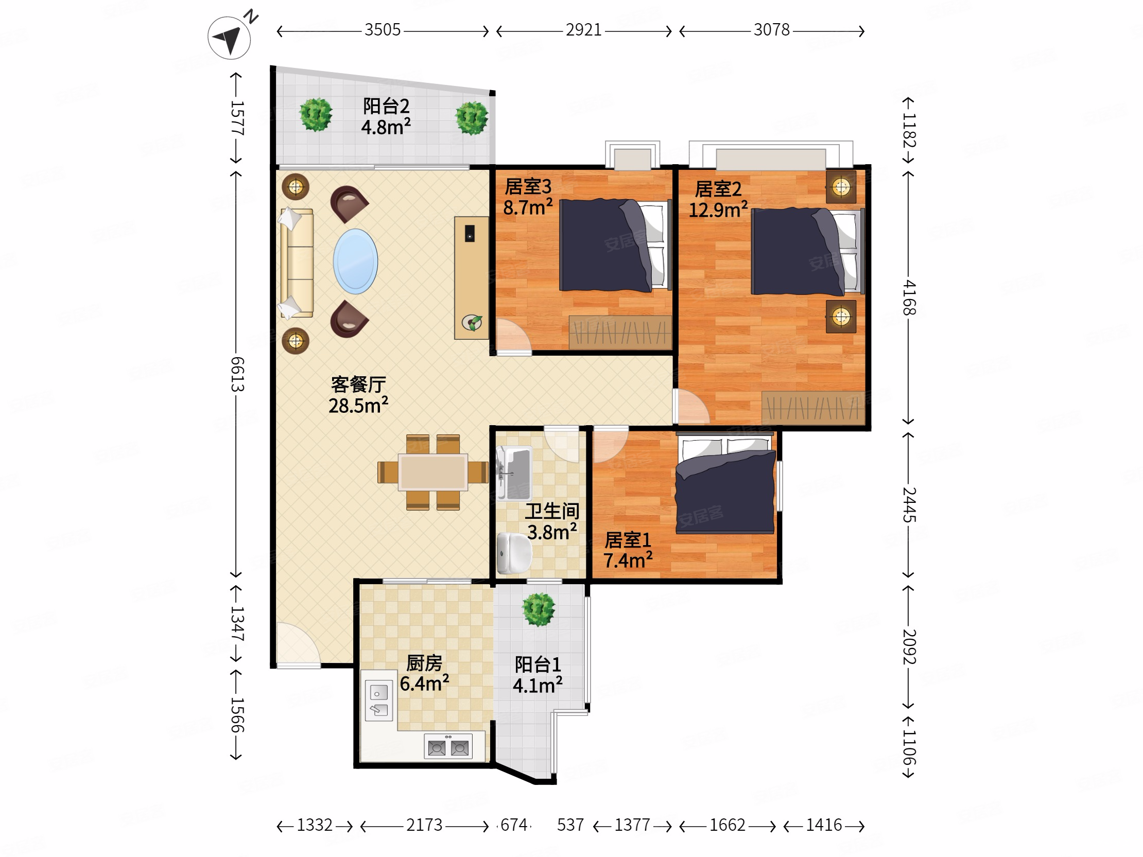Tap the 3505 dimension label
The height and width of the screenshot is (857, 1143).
click(x=383, y=30)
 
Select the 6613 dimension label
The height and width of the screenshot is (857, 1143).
click(x=237, y=374)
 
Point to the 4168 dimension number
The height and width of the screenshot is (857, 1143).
click(x=909, y=298)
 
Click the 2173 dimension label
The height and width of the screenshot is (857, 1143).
click(x=424, y=825)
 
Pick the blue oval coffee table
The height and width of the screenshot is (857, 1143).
click(x=355, y=261)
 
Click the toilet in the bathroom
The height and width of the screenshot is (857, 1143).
click(x=514, y=553)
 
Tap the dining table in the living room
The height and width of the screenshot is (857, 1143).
click(x=433, y=471)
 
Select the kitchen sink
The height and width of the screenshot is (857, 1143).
click(x=379, y=701)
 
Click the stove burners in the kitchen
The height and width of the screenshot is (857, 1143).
click(x=448, y=747)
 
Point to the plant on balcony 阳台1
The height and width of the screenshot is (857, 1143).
click(x=539, y=610)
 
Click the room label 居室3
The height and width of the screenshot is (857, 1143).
click(x=528, y=186)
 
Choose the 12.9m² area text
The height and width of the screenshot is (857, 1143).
click(x=718, y=209)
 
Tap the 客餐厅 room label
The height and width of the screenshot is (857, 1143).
click(x=358, y=384)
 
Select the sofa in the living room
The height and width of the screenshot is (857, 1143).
click(x=297, y=263)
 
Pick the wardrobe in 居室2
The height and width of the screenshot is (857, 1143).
click(x=813, y=408)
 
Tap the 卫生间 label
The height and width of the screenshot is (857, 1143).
click(x=552, y=511)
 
